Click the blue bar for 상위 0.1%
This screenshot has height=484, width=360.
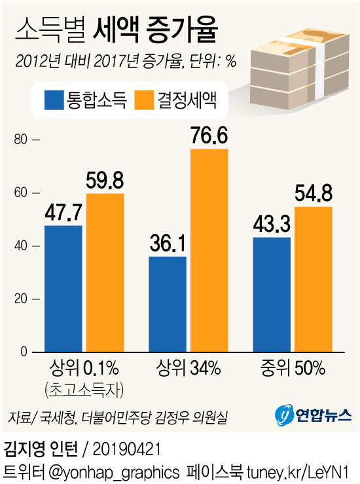coord(63,289)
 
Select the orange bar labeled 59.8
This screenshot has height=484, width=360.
coord(105,272)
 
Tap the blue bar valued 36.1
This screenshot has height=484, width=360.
coord(168,304)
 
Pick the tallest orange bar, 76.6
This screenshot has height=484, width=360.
coord(209,250)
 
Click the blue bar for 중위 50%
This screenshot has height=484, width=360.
coord(271,295)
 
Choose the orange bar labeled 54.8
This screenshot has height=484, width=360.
coord(313,279)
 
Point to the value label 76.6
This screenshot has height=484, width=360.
coord(209,136)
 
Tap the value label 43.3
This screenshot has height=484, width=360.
coord(271,225)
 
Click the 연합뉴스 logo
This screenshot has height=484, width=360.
coord(313,414)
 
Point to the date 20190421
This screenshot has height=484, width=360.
coord(126,450)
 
